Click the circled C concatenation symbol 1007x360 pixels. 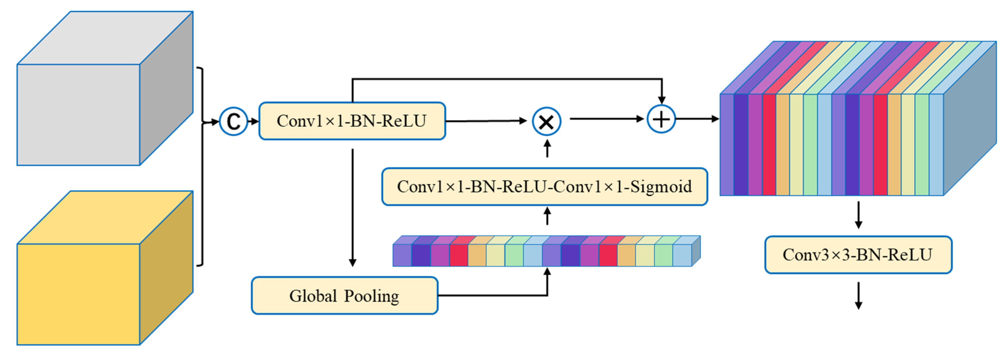pos(233,122)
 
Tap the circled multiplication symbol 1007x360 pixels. pos(546,122)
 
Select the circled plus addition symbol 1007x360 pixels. pos(661,119)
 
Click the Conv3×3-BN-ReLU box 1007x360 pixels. pos(858,255)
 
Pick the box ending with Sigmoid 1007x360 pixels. pos(545,187)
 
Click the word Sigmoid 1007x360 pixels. pos(661,187)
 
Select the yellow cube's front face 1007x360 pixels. pos(78,294)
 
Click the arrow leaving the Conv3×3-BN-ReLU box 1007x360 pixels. pos(859,296)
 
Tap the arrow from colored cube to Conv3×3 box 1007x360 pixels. pos(859,215)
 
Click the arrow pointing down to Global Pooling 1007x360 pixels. pos(353,207)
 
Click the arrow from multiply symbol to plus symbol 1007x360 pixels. pos(606,119)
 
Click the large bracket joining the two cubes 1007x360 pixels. pos(202,166)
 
